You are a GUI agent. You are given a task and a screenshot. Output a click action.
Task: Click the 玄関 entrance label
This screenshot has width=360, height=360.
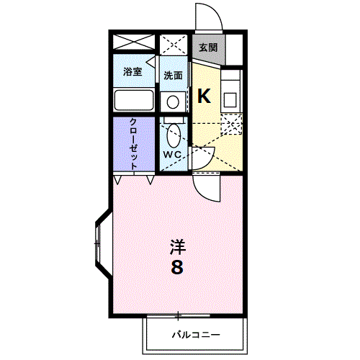point(208,48)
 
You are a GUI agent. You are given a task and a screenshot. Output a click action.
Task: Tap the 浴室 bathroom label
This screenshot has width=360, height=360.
point(132,71)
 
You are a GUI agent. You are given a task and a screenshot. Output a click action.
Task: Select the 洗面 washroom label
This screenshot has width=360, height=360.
point(173,76)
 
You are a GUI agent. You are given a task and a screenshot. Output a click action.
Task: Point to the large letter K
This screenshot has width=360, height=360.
point(204,96)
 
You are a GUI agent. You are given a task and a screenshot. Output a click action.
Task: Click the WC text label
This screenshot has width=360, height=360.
point(172,155)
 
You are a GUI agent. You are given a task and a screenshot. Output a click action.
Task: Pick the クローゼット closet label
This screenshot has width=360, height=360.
point(133,144)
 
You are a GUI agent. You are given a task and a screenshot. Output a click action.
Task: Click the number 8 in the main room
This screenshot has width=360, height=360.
point(177,267)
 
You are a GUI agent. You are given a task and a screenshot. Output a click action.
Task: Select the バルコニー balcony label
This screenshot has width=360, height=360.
point(196,335)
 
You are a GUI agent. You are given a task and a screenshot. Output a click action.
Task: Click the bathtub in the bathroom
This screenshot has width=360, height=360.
point(134,100)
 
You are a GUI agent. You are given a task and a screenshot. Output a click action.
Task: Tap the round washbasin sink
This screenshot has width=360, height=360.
point(173,102)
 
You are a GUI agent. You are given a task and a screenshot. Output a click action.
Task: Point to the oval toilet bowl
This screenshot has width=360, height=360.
point(174,136)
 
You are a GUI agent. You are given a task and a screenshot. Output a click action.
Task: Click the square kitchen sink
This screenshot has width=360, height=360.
point(230,99)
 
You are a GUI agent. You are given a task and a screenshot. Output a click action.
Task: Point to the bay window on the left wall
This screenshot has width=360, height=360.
point(103,243)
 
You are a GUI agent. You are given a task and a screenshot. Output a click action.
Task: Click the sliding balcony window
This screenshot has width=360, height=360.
point(178,315)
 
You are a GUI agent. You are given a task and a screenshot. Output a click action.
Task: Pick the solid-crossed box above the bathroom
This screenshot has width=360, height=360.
point(134,42)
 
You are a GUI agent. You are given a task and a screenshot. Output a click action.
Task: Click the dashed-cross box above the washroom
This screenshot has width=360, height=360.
point(174,45)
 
